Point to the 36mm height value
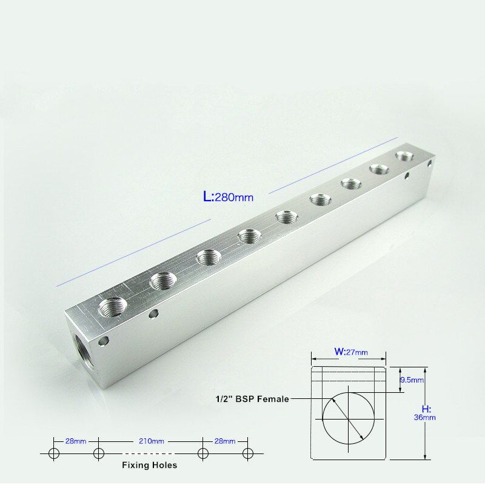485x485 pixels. pos(426,417)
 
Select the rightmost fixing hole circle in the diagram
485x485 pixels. pos(247,453)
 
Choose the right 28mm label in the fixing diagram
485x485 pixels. pos(225,441)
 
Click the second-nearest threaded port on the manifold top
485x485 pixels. pos(162,281)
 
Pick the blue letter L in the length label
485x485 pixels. pos(208,196)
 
